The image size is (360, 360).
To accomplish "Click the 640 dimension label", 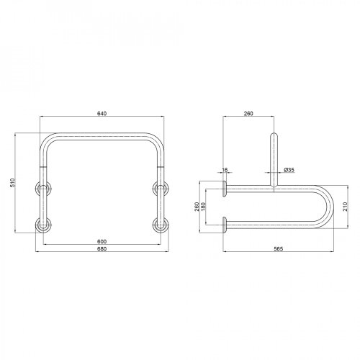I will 103,110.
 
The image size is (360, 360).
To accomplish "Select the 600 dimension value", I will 103,240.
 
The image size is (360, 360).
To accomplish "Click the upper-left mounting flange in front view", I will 43,190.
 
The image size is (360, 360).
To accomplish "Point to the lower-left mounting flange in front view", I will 43,224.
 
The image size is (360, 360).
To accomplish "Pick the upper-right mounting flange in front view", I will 160,190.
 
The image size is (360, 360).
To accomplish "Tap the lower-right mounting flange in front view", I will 160,224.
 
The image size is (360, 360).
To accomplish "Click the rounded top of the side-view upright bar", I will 273,135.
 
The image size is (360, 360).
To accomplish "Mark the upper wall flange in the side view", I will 225,189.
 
